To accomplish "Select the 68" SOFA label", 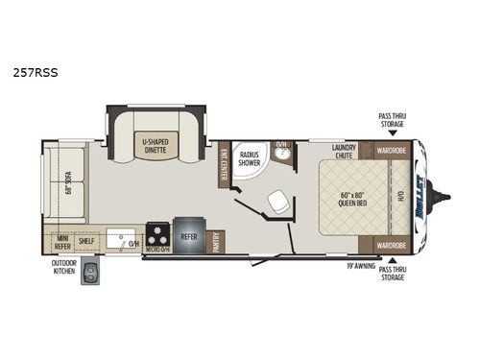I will click(66, 182).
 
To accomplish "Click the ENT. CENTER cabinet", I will click(224, 163).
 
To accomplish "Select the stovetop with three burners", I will click(157, 233).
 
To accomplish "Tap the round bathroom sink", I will click(282, 152).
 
